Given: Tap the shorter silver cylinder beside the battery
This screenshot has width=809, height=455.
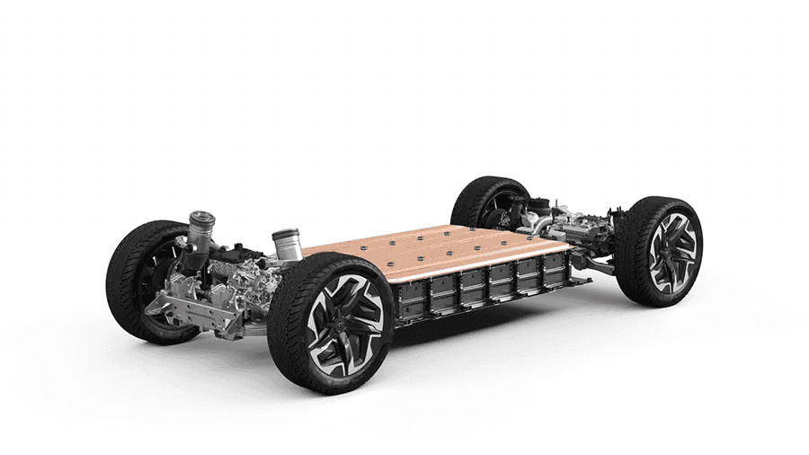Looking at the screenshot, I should [286, 243].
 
